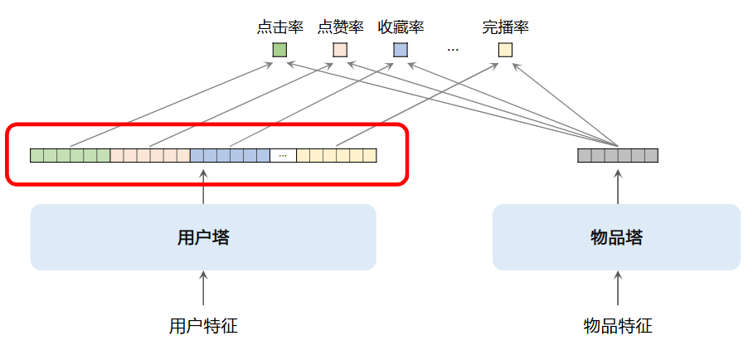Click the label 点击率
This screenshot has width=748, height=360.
point(280,27)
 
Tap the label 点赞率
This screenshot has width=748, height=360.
point(340,27)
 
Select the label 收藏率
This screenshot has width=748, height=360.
point(401,27)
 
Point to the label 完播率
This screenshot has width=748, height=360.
point(505,27)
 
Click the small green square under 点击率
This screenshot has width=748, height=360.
point(280,50)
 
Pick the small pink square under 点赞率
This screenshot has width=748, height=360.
point(340,50)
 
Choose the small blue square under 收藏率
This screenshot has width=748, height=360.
point(401,50)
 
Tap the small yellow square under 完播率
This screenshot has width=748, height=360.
point(505,50)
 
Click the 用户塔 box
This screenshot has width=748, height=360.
point(203,237)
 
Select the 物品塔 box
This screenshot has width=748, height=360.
point(616,237)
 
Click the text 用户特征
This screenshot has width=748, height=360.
point(203,326)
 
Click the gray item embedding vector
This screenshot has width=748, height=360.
point(618,155)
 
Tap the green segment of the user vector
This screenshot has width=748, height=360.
point(70,155)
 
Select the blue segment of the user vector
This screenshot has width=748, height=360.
point(230,155)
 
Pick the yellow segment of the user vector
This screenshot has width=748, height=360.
point(336,155)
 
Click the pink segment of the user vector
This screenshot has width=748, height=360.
point(150,155)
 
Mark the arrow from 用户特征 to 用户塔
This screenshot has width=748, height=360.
point(203,290)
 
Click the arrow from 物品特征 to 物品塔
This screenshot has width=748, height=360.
point(618,290)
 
